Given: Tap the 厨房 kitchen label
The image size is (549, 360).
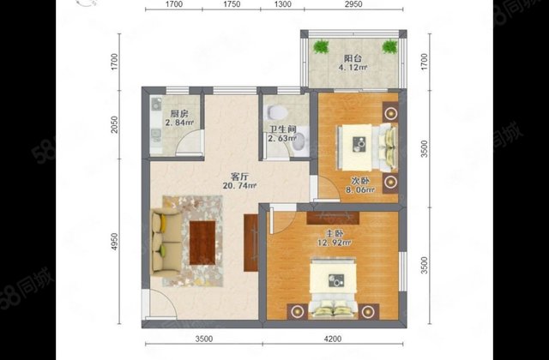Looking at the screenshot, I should [178, 113].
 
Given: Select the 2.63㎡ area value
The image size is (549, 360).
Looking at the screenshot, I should [281, 139].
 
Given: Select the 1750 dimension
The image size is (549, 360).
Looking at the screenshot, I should [230, 5].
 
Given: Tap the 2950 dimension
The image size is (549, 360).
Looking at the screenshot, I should [352, 5].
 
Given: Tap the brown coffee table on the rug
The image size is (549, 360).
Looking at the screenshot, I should [203, 241].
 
